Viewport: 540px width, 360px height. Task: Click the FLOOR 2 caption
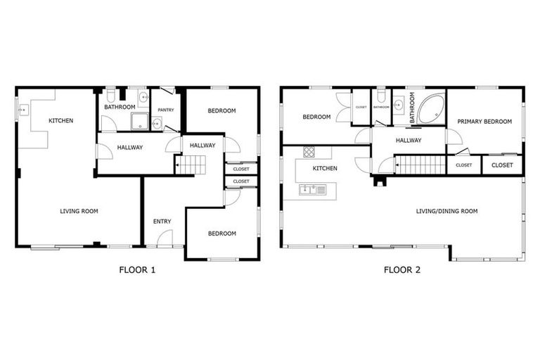(401, 269)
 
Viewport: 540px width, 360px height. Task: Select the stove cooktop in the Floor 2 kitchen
(309, 152)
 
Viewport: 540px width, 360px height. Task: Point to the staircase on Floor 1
(192, 165)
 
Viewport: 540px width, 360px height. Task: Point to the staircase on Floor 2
(420, 165)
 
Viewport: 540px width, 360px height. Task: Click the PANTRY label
(166, 110)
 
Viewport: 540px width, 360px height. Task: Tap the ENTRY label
(162, 221)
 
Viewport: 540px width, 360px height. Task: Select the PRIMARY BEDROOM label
(484, 121)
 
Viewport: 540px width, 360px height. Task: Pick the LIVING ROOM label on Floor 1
(79, 211)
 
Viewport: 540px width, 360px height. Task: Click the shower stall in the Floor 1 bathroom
(139, 122)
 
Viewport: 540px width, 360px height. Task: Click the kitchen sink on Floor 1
(23, 110)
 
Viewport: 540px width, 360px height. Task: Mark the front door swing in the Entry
(164, 239)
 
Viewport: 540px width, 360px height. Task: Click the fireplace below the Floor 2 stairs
(380, 181)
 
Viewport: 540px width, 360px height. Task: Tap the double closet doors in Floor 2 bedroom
(343, 108)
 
